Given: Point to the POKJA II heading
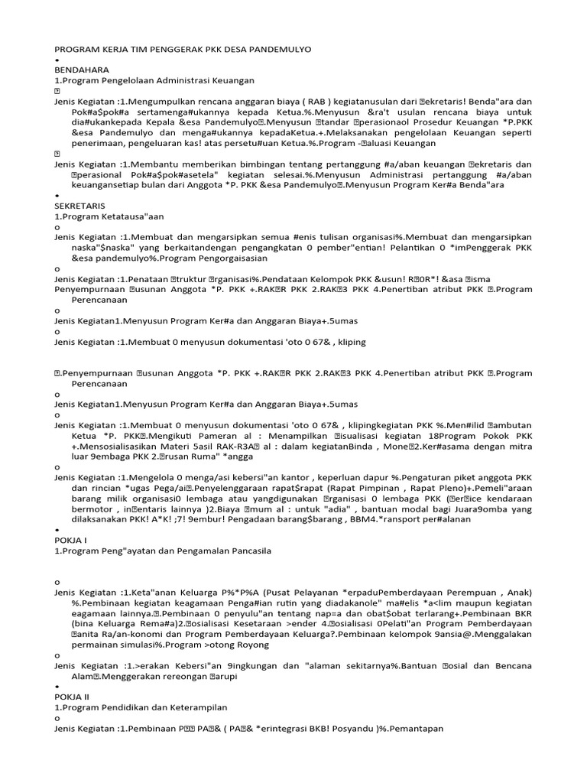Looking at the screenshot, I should point(70,697).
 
